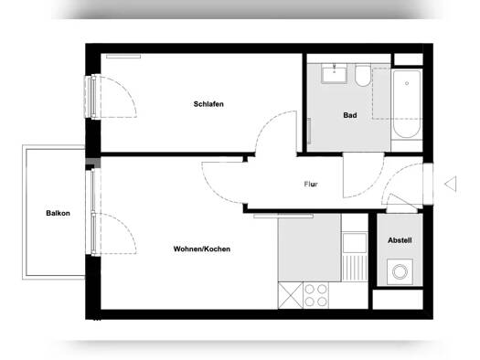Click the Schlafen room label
click(x=208, y=104)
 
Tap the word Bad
click(x=349, y=115)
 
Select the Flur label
click(x=311, y=185)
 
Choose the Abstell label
click(x=400, y=240)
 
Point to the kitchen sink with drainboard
click(x=353, y=259)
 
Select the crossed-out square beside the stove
click(x=290, y=295)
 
